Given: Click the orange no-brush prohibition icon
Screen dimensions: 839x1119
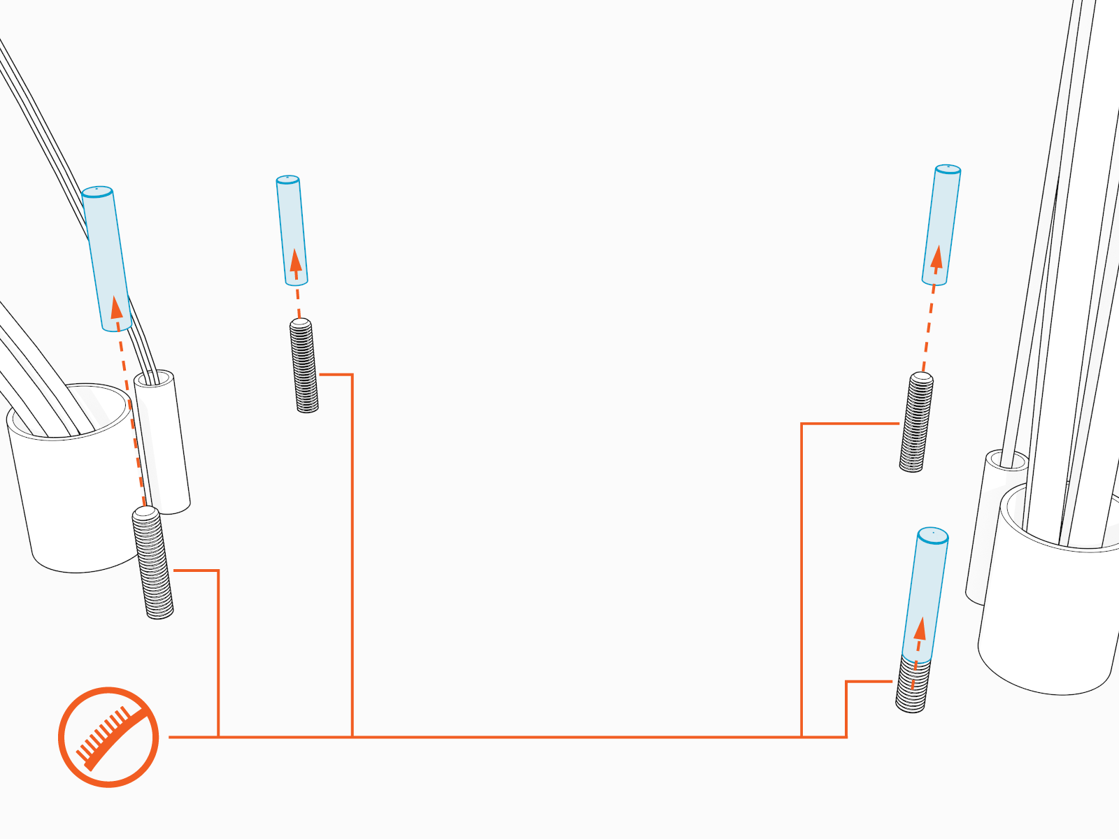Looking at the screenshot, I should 108,737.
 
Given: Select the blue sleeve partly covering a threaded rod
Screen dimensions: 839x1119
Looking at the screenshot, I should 925,594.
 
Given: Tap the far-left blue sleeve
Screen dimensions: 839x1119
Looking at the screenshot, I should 106,259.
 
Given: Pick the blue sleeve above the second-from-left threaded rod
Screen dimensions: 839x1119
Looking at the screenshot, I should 292,231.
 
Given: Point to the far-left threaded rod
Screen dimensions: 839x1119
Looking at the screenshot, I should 153,564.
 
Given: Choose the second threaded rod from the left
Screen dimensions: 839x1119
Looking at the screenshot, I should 304,366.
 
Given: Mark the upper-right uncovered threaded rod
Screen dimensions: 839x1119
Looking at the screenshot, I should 916,422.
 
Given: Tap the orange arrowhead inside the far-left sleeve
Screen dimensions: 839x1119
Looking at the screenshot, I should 117,308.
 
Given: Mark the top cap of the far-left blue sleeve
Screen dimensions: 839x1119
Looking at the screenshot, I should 97,192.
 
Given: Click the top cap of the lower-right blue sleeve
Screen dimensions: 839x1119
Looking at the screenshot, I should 933,536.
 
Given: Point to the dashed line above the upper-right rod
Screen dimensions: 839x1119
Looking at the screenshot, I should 929,329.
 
